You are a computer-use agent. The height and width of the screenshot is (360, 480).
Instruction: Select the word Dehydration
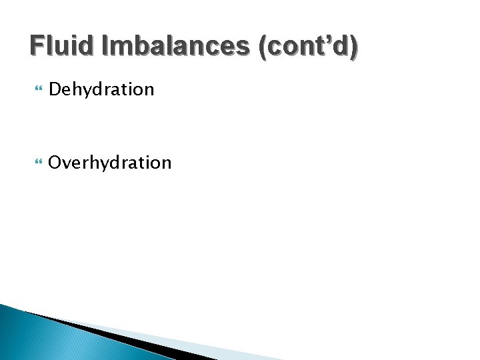(x=101, y=89)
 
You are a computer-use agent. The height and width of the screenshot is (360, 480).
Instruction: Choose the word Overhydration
(x=110, y=163)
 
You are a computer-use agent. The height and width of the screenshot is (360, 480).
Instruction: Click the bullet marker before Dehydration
(x=35, y=89)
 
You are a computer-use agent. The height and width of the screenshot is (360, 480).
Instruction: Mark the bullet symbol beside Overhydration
(x=35, y=162)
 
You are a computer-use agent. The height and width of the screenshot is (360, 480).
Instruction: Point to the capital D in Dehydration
(x=55, y=89)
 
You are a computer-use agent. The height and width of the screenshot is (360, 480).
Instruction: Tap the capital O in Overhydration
(x=56, y=162)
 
